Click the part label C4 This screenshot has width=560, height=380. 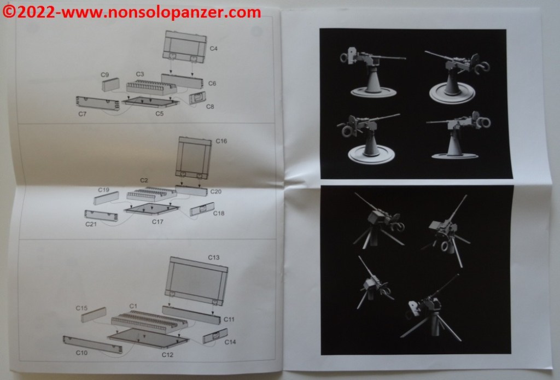tap(214, 48)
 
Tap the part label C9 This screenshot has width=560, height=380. tap(104, 75)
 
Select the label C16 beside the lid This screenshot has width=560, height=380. tap(221, 141)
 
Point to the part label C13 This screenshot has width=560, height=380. tap(214, 257)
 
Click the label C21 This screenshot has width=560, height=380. tap(91, 224)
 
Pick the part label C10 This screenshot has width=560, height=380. tap(81, 353)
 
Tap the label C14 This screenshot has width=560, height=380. tap(230, 342)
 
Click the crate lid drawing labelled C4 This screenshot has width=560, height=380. tap(185, 46)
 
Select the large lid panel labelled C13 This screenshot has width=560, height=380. tap(196, 280)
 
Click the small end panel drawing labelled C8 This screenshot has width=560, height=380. tap(197, 97)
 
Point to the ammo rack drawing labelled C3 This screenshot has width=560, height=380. tap(151, 87)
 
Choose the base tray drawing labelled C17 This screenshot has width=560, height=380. tap(151, 208)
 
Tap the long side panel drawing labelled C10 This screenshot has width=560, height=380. tap(92, 344)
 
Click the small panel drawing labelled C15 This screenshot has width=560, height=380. tap(94, 314)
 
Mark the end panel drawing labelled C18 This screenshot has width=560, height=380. tap(202, 209)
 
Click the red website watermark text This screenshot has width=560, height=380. tap(132, 13)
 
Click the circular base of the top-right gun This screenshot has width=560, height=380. tap(452, 93)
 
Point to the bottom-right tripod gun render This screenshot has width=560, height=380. tap(430, 308)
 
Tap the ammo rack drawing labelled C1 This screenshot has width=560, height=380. tap(149, 321)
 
